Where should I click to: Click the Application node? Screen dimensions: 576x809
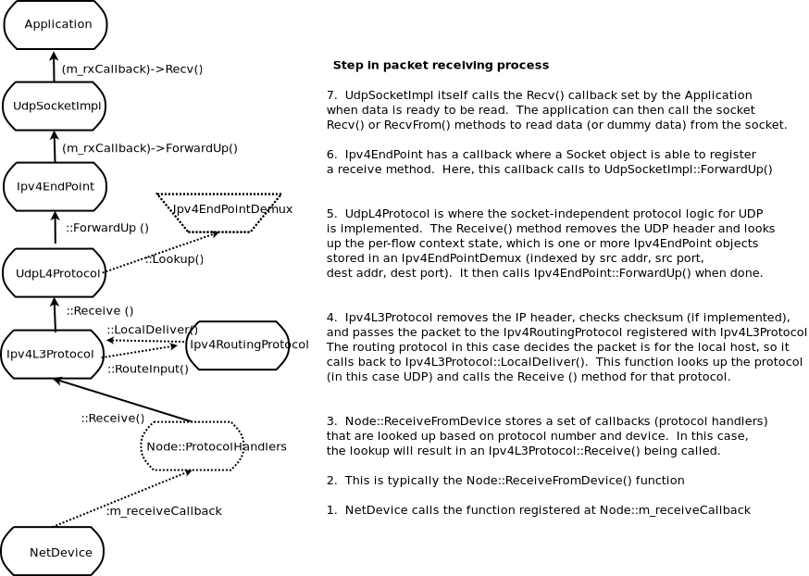coord(56,25)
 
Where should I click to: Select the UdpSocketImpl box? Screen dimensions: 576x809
coord(55,106)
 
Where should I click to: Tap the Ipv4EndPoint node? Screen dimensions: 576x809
coord(55,187)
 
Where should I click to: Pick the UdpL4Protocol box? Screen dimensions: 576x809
coord(55,273)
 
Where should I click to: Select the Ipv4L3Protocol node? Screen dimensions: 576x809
coord(52,354)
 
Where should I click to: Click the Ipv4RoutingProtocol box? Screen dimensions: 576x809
coord(238,345)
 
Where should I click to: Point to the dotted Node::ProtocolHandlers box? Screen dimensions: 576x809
coord(193,446)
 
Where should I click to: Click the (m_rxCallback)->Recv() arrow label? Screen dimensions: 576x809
coord(131,69)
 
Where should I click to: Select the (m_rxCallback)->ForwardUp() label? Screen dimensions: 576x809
coord(149,148)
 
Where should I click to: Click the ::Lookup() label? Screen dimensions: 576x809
coord(174,259)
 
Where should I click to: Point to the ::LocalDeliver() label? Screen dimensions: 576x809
coord(152,330)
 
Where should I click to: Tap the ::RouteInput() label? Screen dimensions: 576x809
coord(148,369)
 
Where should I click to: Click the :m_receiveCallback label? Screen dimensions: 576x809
coord(164,511)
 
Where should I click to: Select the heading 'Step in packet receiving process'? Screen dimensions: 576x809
coord(441,66)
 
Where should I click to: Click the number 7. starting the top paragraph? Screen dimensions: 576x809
coord(332,95)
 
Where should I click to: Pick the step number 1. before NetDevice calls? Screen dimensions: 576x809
coord(332,510)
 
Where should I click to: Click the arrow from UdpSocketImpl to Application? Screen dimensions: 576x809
coord(54,67)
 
